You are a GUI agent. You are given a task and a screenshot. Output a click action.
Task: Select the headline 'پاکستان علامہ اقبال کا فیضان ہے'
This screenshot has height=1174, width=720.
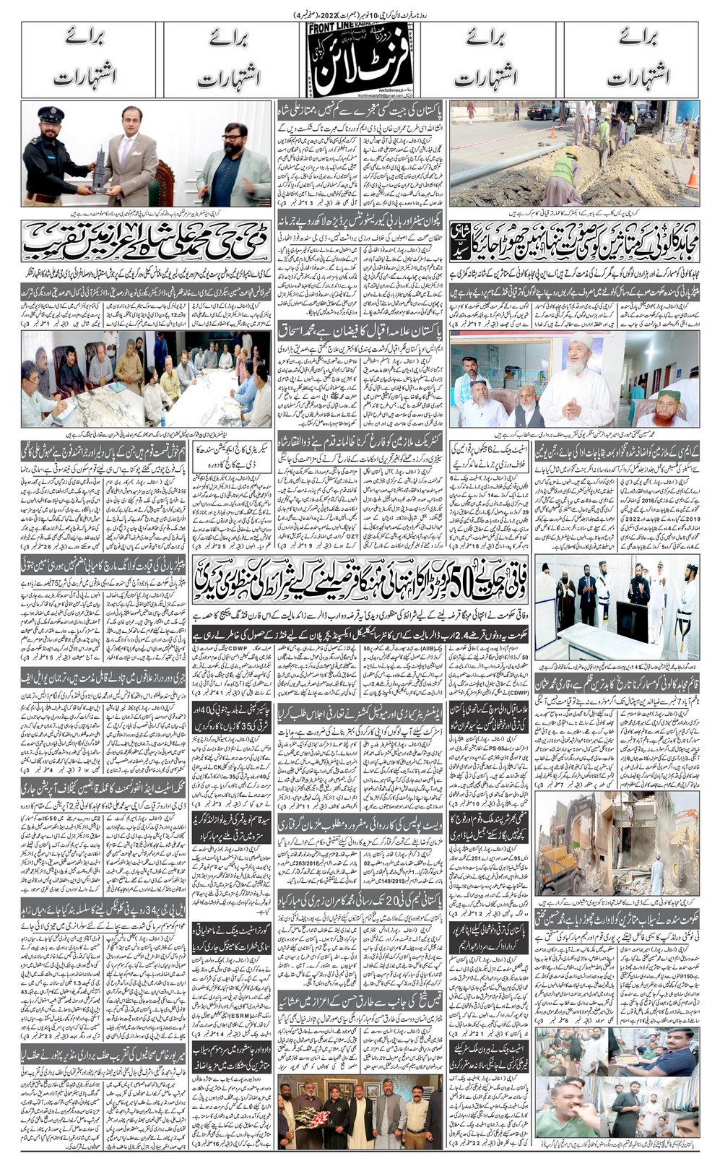(360, 329)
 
